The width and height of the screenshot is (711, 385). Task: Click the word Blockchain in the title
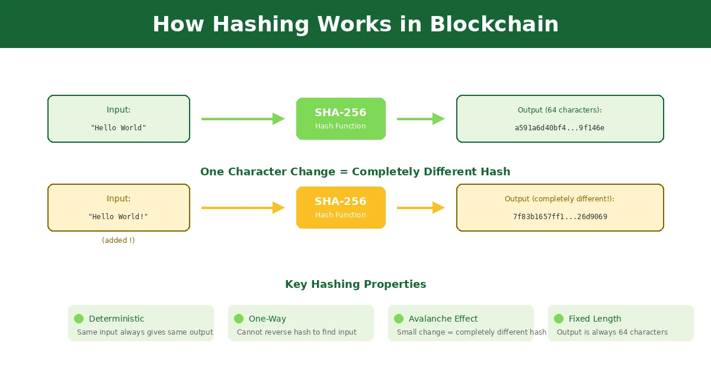point(494,24)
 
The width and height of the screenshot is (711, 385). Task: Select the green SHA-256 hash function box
point(341,118)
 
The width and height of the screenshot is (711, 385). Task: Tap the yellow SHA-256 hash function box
point(341,207)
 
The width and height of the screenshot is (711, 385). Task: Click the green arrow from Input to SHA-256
point(243,119)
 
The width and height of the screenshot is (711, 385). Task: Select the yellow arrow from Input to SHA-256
point(243,208)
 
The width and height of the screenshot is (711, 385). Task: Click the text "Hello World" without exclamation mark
point(118,128)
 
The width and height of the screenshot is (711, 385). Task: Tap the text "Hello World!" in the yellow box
point(118,217)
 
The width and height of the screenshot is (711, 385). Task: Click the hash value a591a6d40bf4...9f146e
point(560,128)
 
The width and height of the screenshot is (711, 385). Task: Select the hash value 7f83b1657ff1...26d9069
point(560,217)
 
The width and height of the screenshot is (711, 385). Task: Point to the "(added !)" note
point(118,240)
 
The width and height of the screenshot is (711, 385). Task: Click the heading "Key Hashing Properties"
point(355,284)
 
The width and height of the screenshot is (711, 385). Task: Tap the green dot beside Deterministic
point(79,319)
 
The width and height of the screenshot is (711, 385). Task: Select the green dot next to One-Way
point(239,319)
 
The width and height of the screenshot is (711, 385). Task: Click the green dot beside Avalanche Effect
point(399,319)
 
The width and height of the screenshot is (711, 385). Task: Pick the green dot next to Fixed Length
point(559,319)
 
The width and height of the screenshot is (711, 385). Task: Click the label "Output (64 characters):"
point(560,110)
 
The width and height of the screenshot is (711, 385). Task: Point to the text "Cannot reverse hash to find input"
point(297,332)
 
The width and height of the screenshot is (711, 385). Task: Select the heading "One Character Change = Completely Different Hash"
point(355,172)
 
